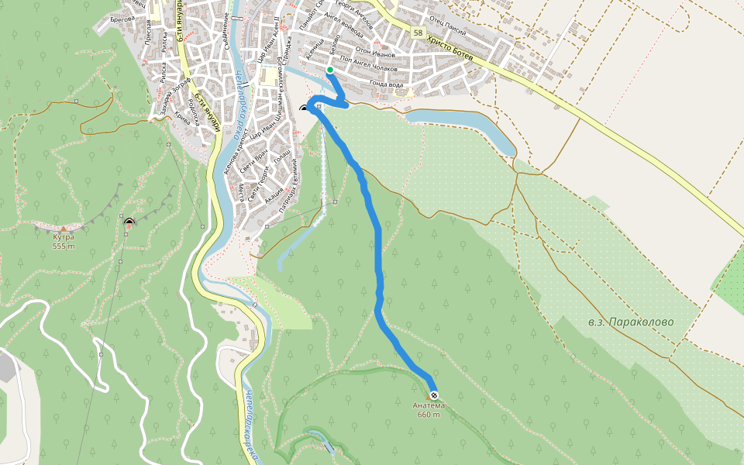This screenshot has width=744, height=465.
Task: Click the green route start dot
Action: [330, 71]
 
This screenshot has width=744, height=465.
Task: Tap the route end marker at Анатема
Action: [433, 395]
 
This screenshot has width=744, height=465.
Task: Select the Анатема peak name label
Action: [429, 405]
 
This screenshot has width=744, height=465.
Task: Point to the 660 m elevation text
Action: [429, 415]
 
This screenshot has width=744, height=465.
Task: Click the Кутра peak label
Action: [64, 237]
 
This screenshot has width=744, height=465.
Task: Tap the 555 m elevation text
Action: [64, 246]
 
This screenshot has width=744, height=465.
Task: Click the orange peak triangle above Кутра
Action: [64, 228]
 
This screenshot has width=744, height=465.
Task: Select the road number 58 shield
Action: [418, 33]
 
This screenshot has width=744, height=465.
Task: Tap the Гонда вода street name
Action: [387, 84]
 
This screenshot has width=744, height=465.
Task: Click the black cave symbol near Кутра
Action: [129, 223]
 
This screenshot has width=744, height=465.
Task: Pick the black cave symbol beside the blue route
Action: [304, 108]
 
